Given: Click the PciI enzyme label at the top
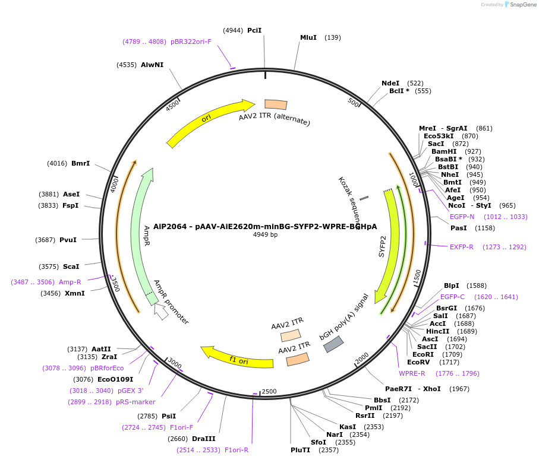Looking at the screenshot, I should pyautogui.click(x=254, y=30).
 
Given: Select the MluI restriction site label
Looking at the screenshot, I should pyautogui.click(x=308, y=37).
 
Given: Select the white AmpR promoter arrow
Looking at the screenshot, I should pyautogui.click(x=160, y=311).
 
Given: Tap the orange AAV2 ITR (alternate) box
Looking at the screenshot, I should pyautogui.click(x=276, y=104).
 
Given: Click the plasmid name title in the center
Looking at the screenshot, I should pyautogui.click(x=265, y=226).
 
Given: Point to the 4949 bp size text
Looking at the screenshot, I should pyautogui.click(x=265, y=235).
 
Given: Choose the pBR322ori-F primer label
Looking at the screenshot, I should pyautogui.click(x=191, y=42).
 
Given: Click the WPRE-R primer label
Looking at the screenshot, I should pyautogui.click(x=412, y=373).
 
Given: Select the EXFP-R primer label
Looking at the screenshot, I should pyautogui.click(x=462, y=247).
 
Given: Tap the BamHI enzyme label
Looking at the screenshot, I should pyautogui.click(x=444, y=151).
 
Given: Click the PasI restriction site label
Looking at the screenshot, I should pyautogui.click(x=459, y=228).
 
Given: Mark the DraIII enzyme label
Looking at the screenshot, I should pyautogui.click(x=203, y=439).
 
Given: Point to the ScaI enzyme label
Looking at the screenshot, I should pyautogui.click(x=71, y=267).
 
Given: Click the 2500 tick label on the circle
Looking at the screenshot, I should pyautogui.click(x=269, y=392).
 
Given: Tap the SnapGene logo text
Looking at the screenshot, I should pyautogui.click(x=521, y=5).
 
